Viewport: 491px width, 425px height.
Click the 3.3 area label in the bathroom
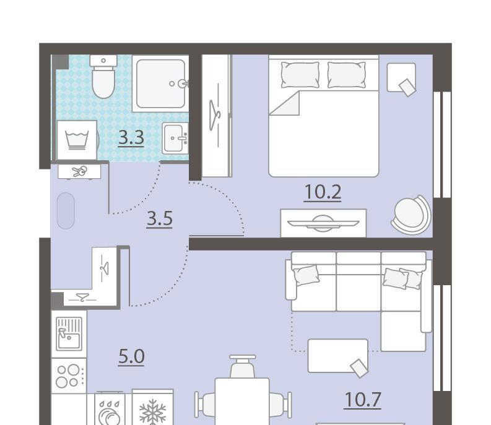(x=131, y=138)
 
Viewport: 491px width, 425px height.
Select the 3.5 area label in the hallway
(x=159, y=218)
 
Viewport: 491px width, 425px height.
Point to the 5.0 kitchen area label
(x=131, y=356)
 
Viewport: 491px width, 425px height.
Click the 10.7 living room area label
(x=363, y=400)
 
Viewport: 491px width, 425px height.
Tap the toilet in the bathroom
(x=103, y=76)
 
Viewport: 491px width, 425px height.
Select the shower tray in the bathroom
(x=160, y=84)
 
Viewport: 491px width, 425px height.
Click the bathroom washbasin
(x=175, y=138)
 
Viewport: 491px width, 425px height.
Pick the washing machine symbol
(x=77, y=140)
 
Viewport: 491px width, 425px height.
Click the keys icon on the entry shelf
(x=79, y=171)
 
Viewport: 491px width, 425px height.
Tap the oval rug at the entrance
(x=66, y=210)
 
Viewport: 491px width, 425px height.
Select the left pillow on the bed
(x=300, y=74)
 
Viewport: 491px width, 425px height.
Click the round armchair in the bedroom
(x=411, y=215)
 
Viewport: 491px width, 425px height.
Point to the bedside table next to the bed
(x=401, y=77)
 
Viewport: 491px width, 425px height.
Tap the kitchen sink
(x=69, y=333)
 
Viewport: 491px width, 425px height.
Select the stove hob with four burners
(x=69, y=376)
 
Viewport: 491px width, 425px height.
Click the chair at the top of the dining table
(x=242, y=366)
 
